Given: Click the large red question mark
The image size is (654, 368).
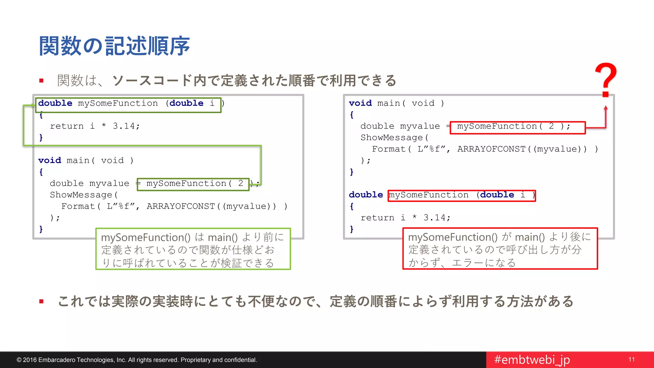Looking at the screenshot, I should (x=606, y=80).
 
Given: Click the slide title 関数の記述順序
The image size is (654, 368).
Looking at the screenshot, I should (x=114, y=46).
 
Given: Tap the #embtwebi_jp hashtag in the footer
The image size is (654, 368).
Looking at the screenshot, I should (x=532, y=360).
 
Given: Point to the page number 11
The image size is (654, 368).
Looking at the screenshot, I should (x=631, y=359).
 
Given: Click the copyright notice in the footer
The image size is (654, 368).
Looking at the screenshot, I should (x=137, y=360).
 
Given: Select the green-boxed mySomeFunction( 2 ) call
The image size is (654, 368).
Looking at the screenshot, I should (x=193, y=184).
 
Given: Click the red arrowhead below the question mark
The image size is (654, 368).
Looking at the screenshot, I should (x=605, y=108).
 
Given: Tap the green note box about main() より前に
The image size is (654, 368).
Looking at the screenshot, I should (x=193, y=249).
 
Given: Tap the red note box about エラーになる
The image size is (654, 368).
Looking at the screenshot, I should (x=500, y=249).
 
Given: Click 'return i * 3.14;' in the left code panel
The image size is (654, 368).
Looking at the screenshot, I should (x=95, y=126).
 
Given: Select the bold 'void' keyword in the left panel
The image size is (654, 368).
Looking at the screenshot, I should (x=49, y=160).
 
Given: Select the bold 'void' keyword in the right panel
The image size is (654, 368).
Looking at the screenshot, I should (x=360, y=103).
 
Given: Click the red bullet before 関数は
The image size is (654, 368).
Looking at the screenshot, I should (x=41, y=80).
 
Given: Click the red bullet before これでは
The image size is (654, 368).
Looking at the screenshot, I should (x=41, y=301).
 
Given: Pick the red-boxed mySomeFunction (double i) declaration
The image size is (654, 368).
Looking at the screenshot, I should (x=461, y=195).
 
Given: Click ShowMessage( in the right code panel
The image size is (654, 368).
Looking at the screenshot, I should (x=394, y=138).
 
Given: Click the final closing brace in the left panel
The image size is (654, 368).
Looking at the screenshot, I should (x=41, y=229).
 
